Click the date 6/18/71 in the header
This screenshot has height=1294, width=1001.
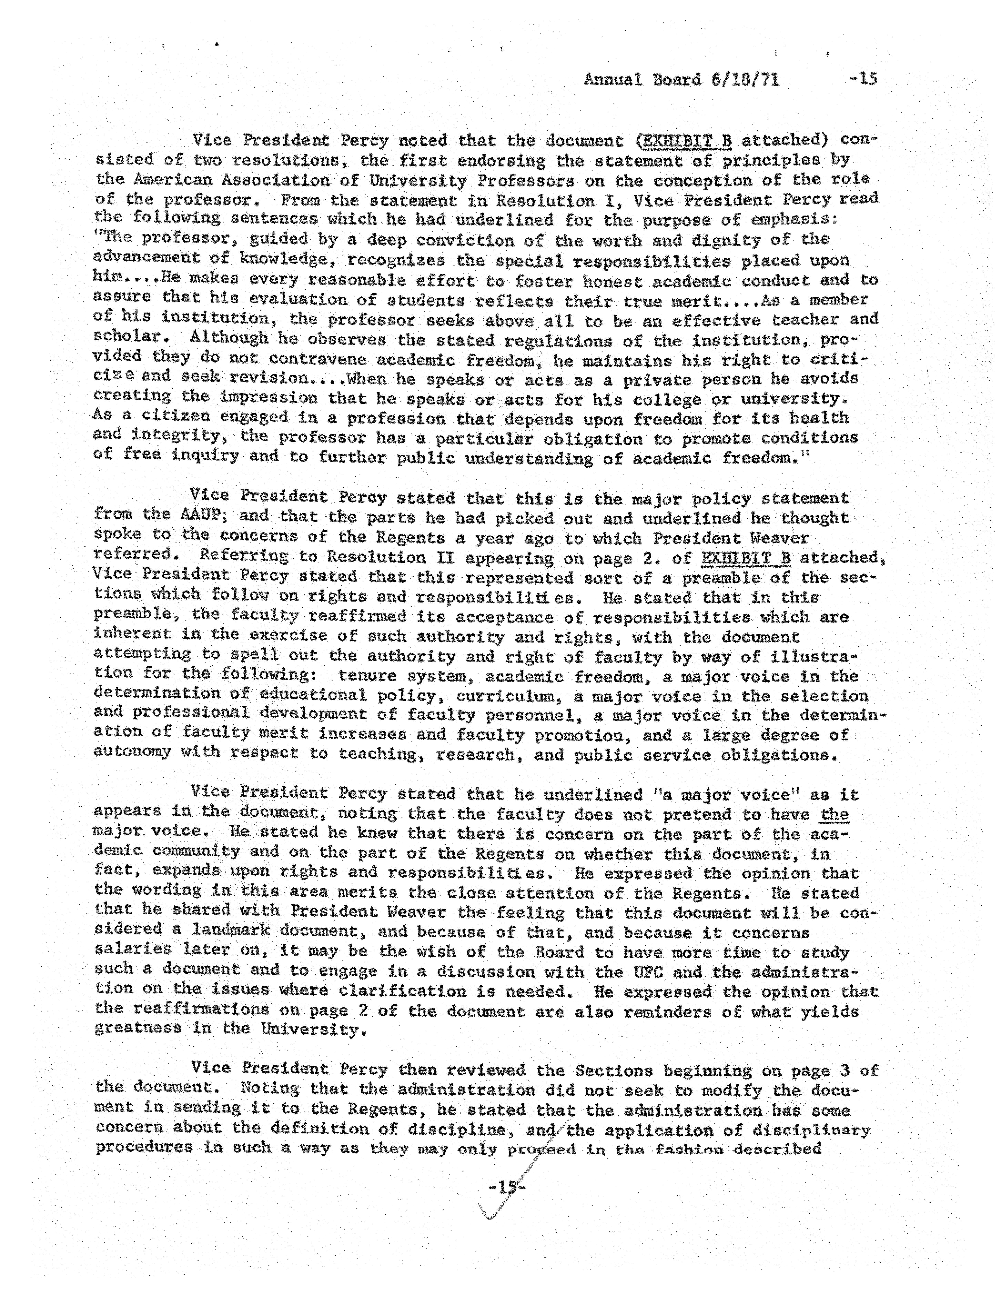click(x=744, y=79)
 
